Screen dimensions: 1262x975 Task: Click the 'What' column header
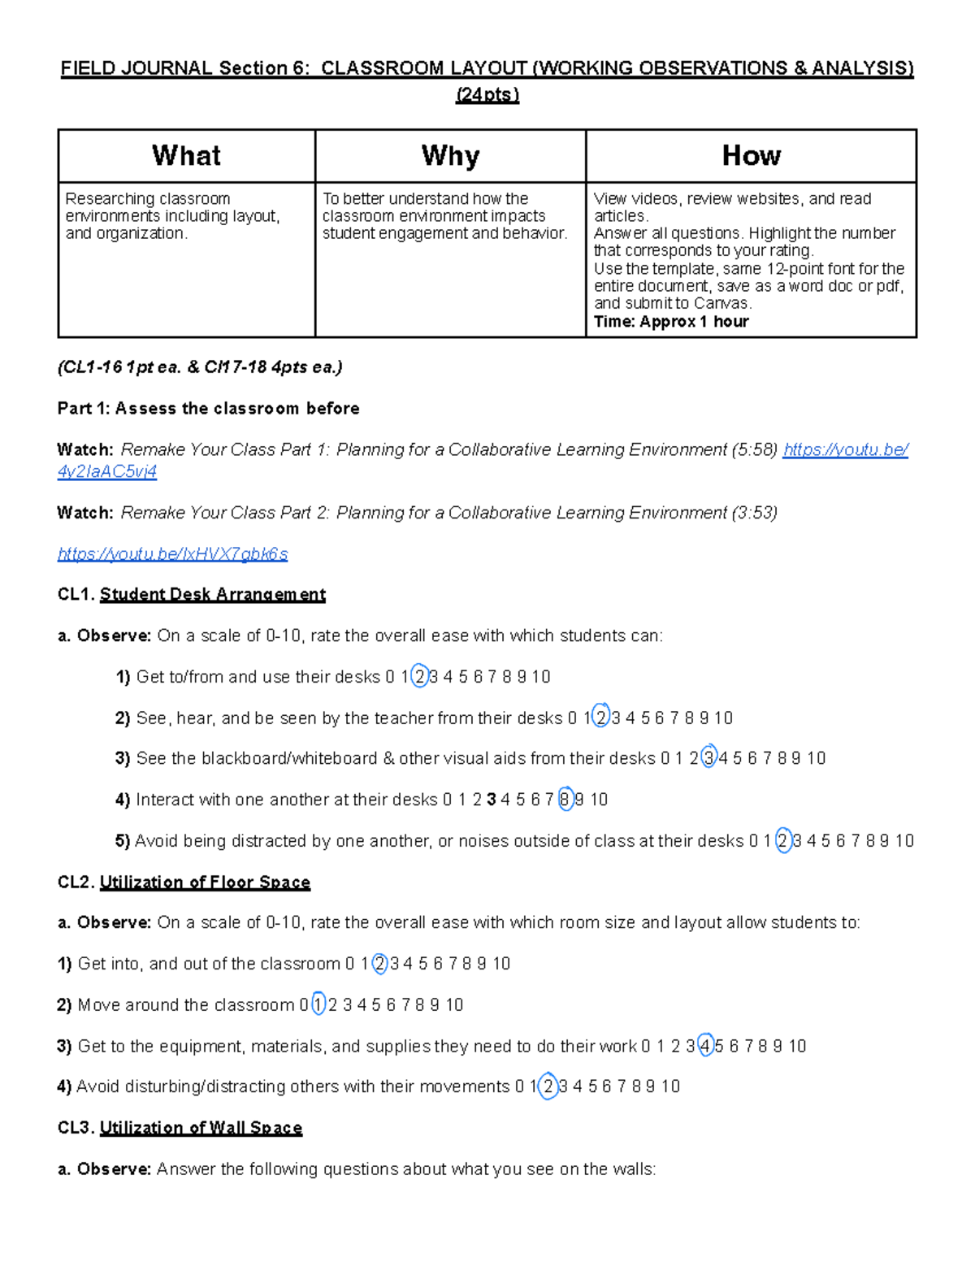tap(186, 155)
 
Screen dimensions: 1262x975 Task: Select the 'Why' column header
tap(450, 155)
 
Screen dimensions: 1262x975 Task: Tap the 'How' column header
tap(751, 155)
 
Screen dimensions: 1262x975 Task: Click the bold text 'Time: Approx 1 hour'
tap(671, 321)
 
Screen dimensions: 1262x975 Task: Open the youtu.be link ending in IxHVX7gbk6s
tap(172, 554)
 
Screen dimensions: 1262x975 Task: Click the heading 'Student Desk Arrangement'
tap(212, 595)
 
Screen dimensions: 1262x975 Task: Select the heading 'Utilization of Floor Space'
tap(205, 883)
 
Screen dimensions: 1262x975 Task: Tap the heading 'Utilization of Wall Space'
tap(201, 1128)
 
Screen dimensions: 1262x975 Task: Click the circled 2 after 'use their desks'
tap(419, 677)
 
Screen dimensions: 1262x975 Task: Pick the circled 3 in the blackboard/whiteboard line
tap(708, 758)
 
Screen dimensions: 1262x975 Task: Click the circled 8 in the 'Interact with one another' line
tap(565, 800)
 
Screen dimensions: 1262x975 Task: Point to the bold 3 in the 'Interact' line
tap(491, 800)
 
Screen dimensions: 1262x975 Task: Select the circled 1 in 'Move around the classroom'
tap(318, 1005)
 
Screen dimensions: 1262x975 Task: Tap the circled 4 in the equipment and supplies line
tap(705, 1046)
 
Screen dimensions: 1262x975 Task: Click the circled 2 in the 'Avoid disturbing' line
tap(548, 1086)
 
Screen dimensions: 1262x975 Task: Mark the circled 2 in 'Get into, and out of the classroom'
tap(379, 964)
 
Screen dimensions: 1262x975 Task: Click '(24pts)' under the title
tap(487, 95)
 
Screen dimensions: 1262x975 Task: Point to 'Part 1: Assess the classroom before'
tap(208, 409)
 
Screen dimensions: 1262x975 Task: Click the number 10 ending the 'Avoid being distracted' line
tap(904, 841)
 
